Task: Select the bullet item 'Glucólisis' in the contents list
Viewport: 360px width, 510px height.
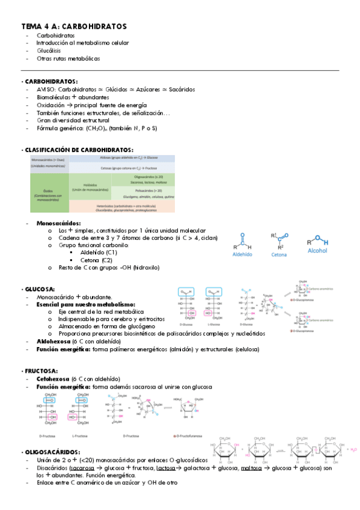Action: (47, 51)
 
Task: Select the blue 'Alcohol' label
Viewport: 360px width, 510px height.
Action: (317, 254)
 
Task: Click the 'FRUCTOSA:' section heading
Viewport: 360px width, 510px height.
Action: (41, 371)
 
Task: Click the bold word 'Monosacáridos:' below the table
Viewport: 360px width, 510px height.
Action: (58, 223)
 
